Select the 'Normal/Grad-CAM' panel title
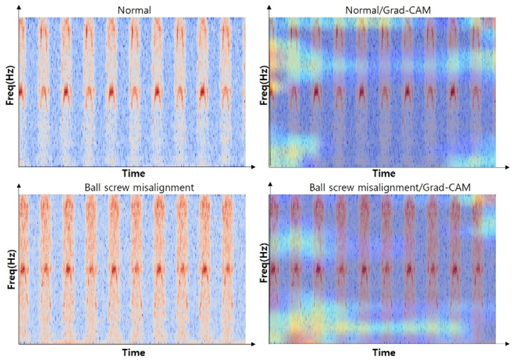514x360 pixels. click(x=384, y=10)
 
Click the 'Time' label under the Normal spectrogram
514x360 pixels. click(x=132, y=174)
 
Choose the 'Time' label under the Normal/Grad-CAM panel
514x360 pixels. click(x=384, y=174)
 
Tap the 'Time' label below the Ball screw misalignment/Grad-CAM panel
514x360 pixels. click(x=384, y=352)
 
